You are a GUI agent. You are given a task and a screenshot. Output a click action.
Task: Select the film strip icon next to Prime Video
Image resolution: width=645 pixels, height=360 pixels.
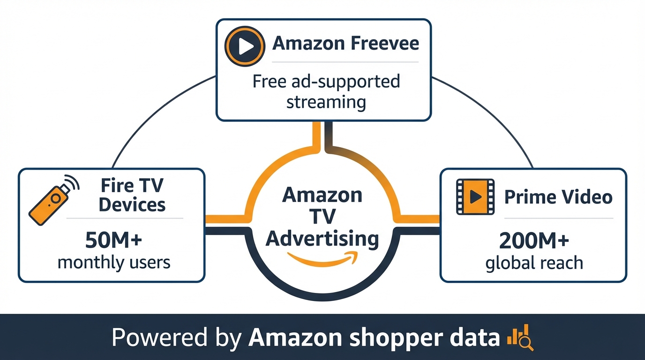pyautogui.click(x=475, y=196)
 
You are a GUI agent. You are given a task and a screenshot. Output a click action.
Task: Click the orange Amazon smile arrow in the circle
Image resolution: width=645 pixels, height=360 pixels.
pyautogui.click(x=322, y=257)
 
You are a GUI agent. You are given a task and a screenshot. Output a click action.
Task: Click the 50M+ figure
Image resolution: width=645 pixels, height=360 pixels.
pyautogui.click(x=114, y=240)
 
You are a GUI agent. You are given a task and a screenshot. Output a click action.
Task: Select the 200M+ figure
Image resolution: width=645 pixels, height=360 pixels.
pyautogui.click(x=534, y=240)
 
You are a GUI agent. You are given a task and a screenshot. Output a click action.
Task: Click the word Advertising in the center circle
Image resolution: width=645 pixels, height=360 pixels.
pyautogui.click(x=322, y=238)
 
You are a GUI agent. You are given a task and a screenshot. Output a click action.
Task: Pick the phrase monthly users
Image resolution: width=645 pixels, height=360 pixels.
pyautogui.click(x=114, y=262)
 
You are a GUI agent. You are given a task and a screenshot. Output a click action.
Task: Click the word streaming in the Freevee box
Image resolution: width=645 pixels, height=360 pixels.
pyautogui.click(x=326, y=102)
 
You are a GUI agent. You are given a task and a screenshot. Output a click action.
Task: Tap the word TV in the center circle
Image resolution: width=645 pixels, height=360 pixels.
pyautogui.click(x=322, y=217)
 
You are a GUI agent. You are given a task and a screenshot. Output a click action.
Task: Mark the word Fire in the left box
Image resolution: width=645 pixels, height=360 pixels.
pyautogui.click(x=117, y=185)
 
